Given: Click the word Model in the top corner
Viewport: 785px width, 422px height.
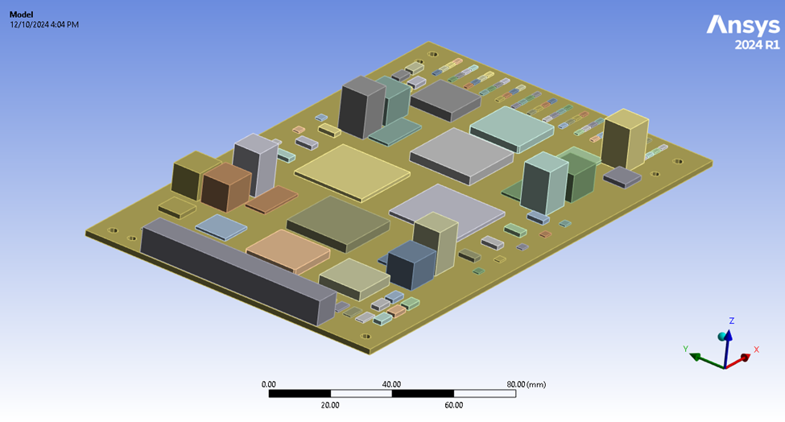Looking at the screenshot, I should pyautogui.click(x=23, y=14).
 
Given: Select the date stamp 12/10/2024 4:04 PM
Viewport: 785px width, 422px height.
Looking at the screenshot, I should pyautogui.click(x=44, y=24).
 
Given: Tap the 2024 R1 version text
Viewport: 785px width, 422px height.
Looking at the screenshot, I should pyautogui.click(x=757, y=45).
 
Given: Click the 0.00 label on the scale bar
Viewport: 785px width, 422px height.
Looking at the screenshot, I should pyautogui.click(x=269, y=384).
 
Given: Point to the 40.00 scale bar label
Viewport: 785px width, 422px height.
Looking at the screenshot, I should pyautogui.click(x=392, y=384).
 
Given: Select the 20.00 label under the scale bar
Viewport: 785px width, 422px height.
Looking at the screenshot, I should pyautogui.click(x=330, y=405).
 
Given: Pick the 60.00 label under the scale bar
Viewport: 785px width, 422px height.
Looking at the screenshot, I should pyautogui.click(x=453, y=405).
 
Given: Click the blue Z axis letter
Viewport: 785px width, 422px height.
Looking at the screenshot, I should pyautogui.click(x=731, y=321).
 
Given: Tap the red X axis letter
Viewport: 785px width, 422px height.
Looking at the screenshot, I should pyautogui.click(x=756, y=350).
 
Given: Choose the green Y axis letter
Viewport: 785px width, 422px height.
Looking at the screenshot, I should pyautogui.click(x=685, y=349).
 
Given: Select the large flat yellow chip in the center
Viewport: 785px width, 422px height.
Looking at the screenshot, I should pyautogui.click(x=352, y=170).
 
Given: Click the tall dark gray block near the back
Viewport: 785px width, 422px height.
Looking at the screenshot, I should pyautogui.click(x=361, y=106).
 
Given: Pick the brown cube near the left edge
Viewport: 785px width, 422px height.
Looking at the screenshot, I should pyautogui.click(x=225, y=187).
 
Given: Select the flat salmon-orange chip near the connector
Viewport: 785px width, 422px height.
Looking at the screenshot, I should pyautogui.click(x=287, y=250).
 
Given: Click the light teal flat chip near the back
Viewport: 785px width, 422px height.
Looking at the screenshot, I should pyautogui.click(x=511, y=127).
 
